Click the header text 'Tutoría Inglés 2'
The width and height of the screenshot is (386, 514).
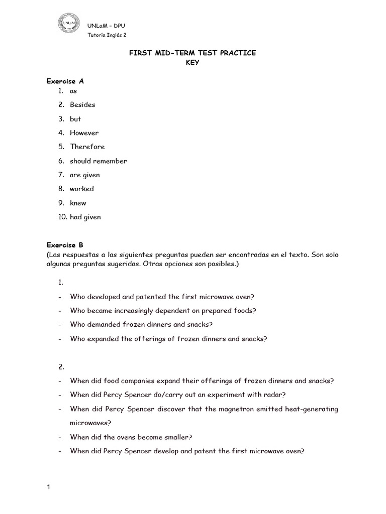[x=107, y=35]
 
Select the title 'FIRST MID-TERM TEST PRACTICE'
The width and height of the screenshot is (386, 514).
[x=192, y=53]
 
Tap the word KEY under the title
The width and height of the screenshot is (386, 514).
[x=192, y=63]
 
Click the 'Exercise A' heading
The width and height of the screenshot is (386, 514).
[x=61, y=81]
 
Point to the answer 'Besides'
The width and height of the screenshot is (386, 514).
[x=82, y=105]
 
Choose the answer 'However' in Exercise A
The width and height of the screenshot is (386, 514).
[x=84, y=133]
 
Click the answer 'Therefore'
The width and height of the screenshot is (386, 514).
[x=87, y=147]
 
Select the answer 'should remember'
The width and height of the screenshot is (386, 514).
[x=98, y=161]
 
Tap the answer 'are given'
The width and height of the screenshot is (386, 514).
[x=84, y=175]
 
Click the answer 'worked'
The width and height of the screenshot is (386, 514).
[x=81, y=189]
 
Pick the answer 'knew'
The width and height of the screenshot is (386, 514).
[x=78, y=203]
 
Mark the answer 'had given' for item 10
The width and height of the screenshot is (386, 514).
[x=85, y=217]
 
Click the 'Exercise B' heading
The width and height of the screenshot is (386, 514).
[x=61, y=245]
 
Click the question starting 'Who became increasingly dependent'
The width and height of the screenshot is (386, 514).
[x=163, y=311]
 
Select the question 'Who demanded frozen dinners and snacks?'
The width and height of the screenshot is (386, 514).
[x=141, y=325]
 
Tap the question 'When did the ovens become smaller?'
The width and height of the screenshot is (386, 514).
[x=131, y=437]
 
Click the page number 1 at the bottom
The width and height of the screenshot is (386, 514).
[x=49, y=487]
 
